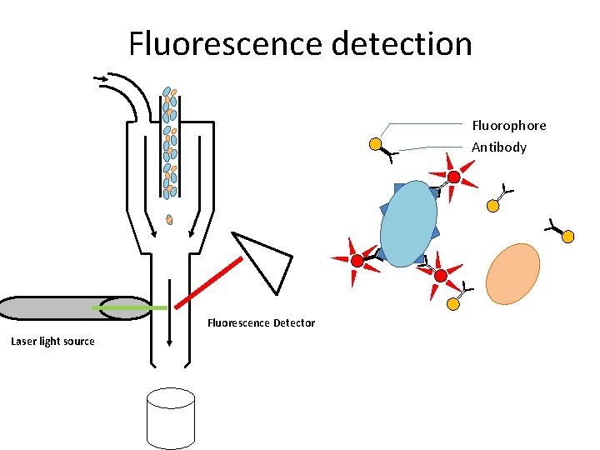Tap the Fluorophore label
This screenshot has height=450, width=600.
coord(508,126)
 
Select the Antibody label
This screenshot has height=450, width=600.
coord(499,147)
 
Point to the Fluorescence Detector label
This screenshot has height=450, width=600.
coord(261,323)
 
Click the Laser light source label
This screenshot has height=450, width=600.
coord(52,342)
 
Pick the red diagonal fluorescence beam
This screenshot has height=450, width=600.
coord(209,280)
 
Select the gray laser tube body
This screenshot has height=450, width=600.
coord(50,308)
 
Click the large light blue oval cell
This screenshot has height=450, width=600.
coord(409,223)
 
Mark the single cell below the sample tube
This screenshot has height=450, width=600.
coord(169,220)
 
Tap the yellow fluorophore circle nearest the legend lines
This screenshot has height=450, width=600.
coord(376,145)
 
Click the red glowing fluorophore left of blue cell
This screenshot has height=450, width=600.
coord(357,261)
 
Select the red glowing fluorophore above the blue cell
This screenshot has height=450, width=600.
coord(453,177)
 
